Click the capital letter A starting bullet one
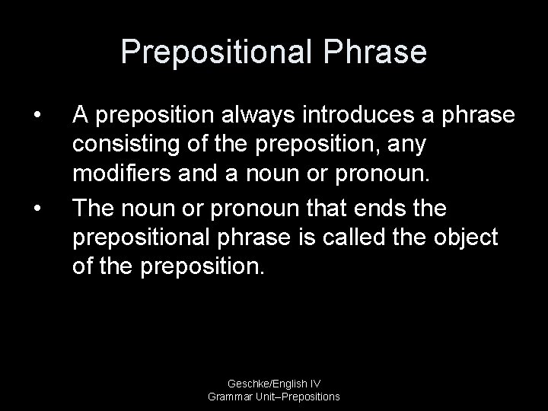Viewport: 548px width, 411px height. pyautogui.click(x=80, y=116)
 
